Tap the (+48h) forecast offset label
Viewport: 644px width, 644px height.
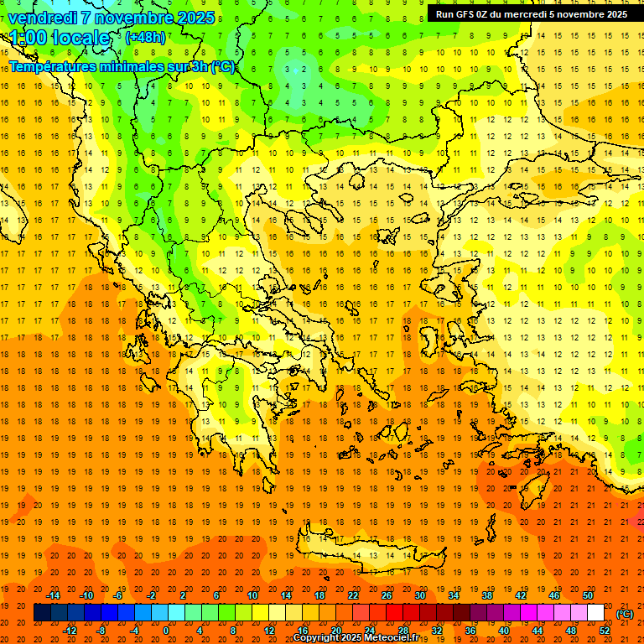coord(145,37)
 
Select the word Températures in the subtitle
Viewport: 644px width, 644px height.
coord(52,66)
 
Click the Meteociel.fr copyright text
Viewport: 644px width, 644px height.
coord(356,638)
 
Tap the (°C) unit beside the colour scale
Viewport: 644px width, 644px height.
coord(624,614)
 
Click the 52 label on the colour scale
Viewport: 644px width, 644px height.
coord(605,631)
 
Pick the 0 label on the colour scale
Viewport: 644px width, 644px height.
coord(166,631)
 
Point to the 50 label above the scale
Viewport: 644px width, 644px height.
coord(588,595)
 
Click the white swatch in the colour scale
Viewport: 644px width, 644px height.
coord(596,613)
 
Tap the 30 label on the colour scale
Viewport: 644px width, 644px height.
coord(420,595)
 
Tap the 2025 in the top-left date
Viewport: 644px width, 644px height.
coord(195,18)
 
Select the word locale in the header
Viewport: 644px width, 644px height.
coord(81,38)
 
